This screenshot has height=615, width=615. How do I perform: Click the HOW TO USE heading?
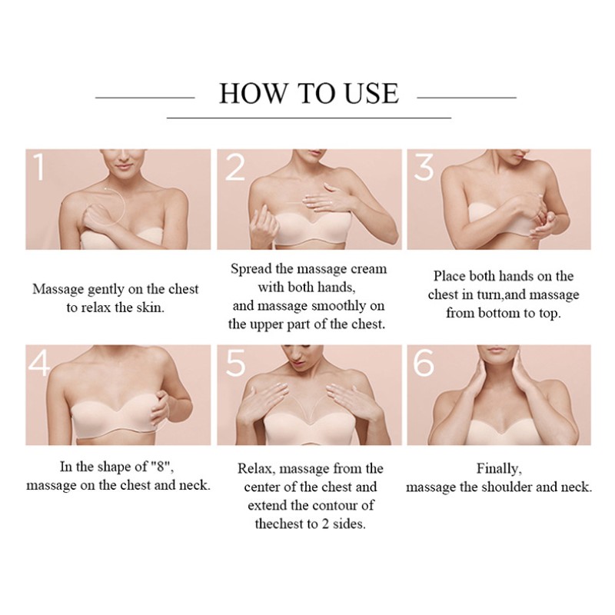point(309,94)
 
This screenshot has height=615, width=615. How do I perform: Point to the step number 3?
point(424,168)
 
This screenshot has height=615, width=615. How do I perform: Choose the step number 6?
point(424,363)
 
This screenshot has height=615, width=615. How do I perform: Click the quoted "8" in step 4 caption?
point(160,467)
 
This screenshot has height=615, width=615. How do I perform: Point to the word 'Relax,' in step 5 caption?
point(258,468)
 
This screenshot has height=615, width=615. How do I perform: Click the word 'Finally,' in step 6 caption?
point(499,468)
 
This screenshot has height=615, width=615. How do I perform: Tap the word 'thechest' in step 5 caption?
point(280,524)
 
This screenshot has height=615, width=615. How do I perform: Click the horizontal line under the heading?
point(309,118)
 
